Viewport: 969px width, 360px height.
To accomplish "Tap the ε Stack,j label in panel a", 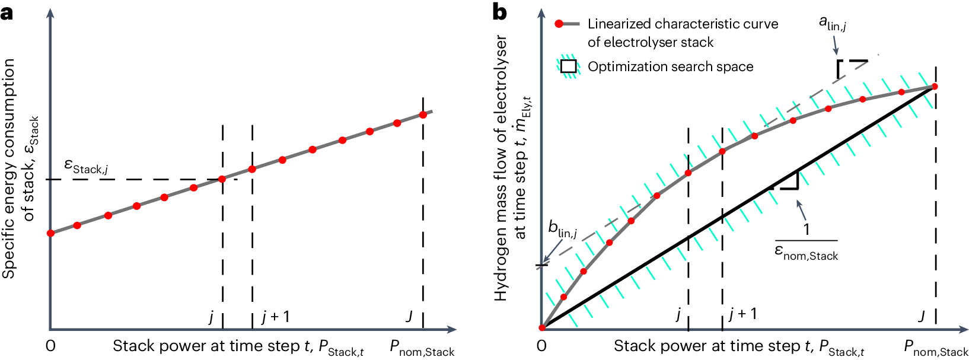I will click(x=86, y=167).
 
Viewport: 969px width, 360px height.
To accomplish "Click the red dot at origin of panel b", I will click(x=541, y=328).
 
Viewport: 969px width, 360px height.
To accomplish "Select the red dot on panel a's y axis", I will click(x=50, y=233).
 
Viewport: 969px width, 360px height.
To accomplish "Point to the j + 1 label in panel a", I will click(x=276, y=317).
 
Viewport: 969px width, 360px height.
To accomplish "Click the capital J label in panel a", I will click(x=409, y=316).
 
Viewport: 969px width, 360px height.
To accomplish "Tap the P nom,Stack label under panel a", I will click(x=422, y=348).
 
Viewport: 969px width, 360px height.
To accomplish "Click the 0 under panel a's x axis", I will click(x=50, y=346).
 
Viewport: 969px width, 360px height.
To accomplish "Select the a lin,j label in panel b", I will click(x=832, y=24).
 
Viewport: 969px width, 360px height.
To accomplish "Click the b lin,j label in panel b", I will click(x=562, y=228).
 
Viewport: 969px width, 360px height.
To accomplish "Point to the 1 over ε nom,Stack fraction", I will click(x=806, y=242).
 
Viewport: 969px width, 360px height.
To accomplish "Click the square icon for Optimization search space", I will click(x=568, y=66).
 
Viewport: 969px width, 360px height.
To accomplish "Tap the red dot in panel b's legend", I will click(x=559, y=24).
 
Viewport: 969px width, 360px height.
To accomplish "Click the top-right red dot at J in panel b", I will click(x=935, y=87).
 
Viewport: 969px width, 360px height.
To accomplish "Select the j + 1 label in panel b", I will click(x=743, y=314).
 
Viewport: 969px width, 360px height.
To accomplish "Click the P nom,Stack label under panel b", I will click(x=935, y=348).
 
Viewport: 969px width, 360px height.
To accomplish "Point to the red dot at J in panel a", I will click(x=423, y=114).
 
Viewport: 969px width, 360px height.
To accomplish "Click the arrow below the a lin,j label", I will click(x=836, y=45).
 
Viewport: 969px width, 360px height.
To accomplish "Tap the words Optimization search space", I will click(x=670, y=66).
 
